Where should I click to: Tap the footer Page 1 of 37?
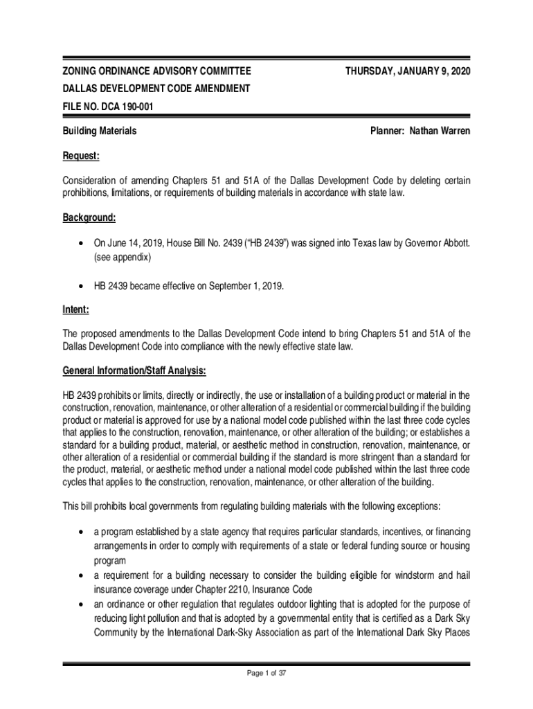click(x=266, y=677)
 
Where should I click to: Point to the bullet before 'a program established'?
click(x=82, y=532)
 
